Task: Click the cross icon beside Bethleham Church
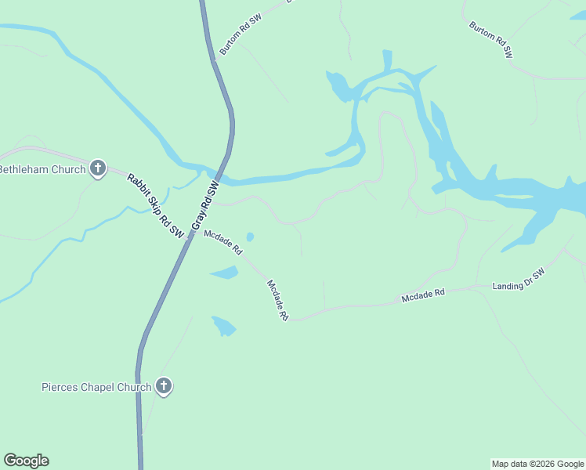[x=98, y=168]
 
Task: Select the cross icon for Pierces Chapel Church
[x=164, y=385]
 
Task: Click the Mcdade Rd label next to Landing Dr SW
[x=423, y=295]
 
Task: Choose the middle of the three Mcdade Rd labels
[x=277, y=301]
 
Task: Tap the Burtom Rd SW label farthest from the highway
[x=490, y=40]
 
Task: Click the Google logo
[x=26, y=461]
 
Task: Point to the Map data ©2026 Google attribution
[x=537, y=464]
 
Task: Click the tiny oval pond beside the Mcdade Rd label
[x=250, y=237]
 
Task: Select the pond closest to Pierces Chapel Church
[x=223, y=325]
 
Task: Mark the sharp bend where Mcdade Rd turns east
[x=291, y=319]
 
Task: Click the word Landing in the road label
[x=508, y=285]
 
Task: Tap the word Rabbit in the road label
[x=139, y=186]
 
